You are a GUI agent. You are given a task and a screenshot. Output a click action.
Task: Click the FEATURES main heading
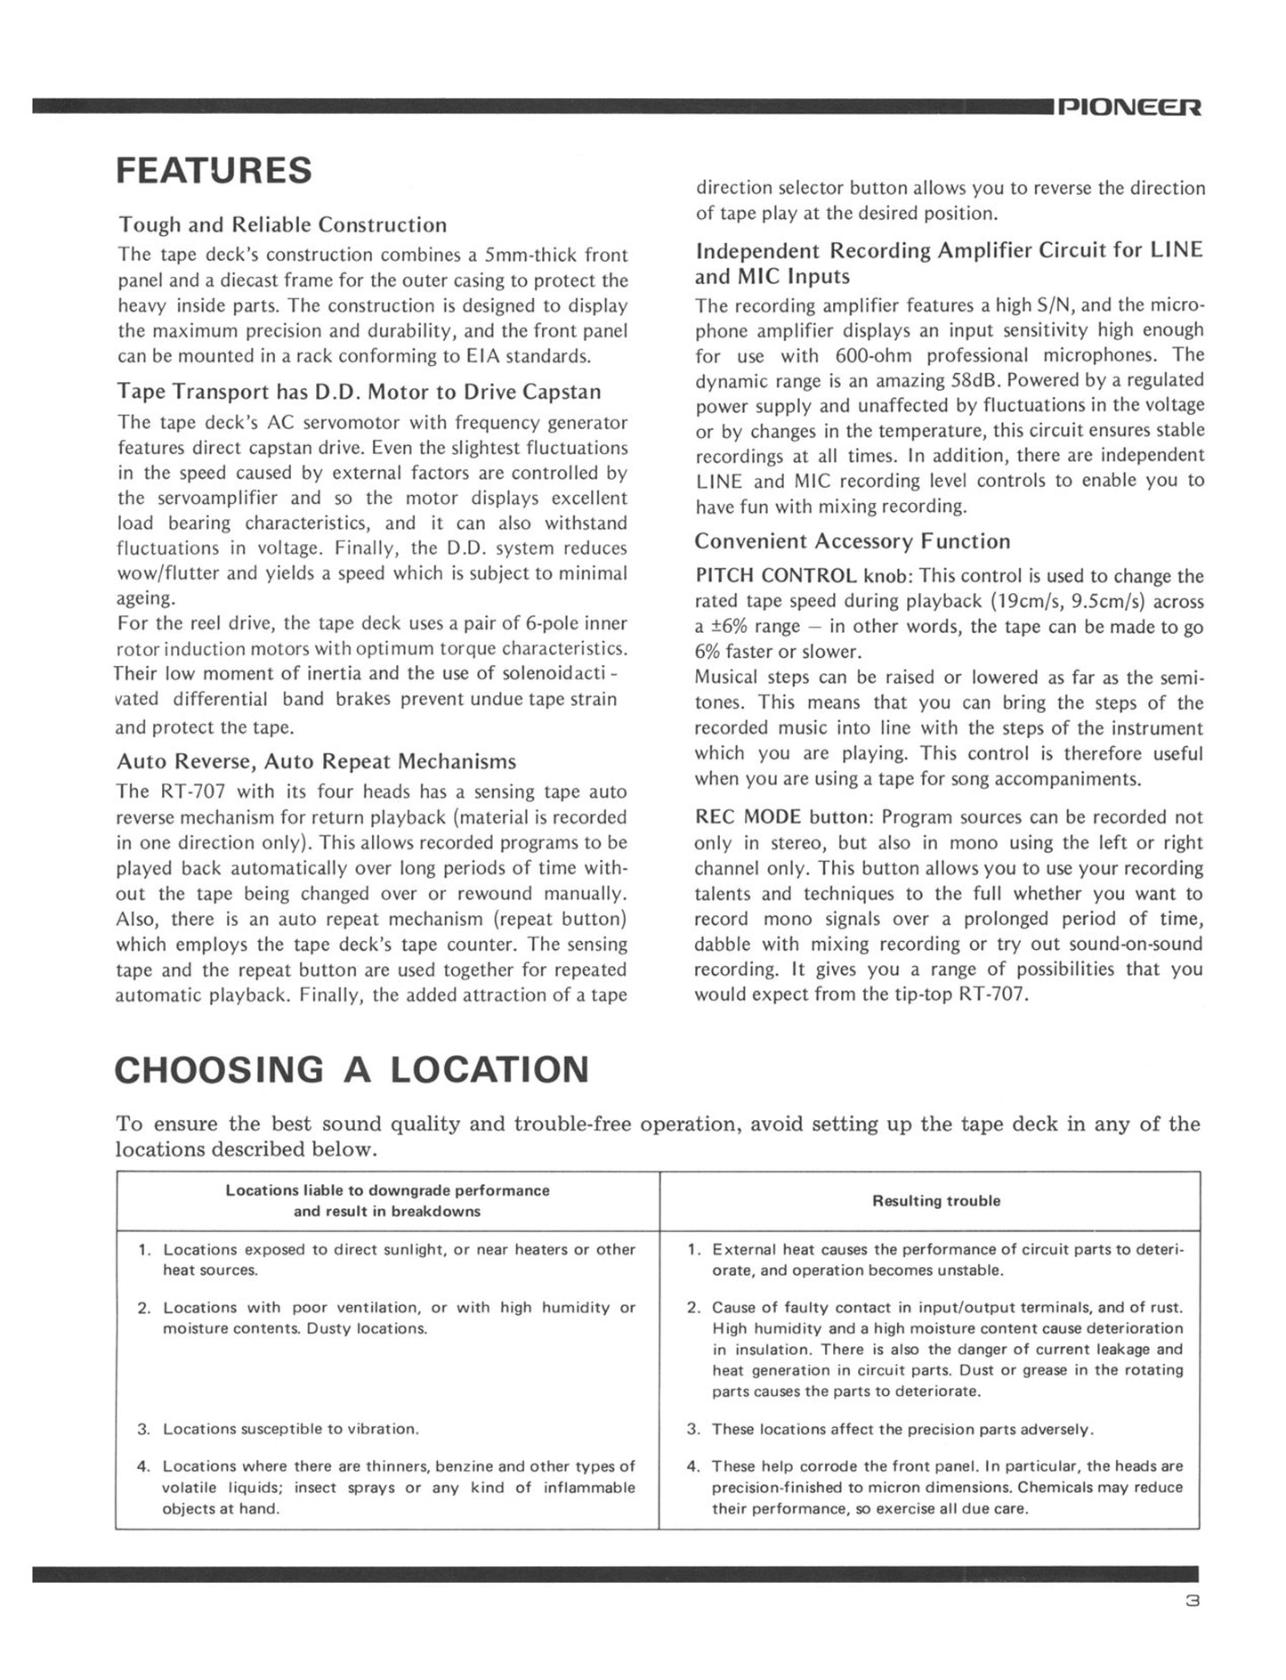pos(214,170)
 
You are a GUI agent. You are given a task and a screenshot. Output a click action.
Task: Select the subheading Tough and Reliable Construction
pos(282,224)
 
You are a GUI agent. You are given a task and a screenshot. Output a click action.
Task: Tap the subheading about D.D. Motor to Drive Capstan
pos(359,392)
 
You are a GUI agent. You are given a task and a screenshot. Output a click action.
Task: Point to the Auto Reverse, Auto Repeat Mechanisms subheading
pos(316,762)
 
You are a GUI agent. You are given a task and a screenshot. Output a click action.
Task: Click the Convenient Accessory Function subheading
pos(852,541)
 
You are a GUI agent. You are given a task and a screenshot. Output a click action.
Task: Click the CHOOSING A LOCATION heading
pos(352,1069)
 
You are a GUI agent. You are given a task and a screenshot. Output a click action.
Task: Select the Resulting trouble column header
pos(935,1201)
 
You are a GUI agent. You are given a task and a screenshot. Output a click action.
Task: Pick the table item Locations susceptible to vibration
pos(289,1429)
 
